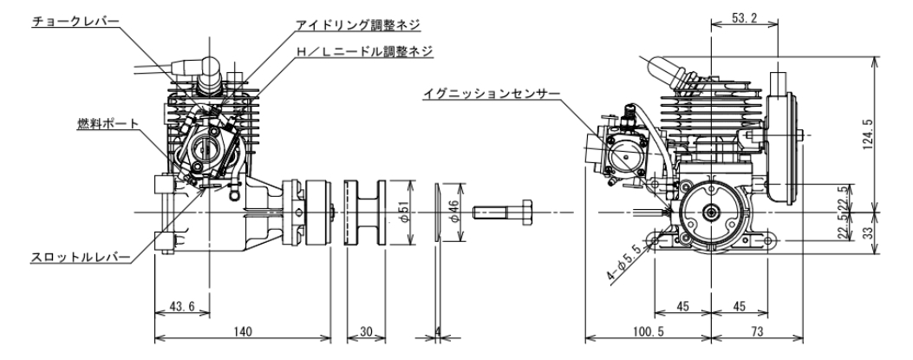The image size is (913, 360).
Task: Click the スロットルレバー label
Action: [x=80, y=258]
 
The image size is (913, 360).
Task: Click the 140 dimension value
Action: [x=243, y=332]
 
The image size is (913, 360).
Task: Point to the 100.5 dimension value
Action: [x=648, y=332]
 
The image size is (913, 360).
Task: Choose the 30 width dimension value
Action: [x=364, y=332]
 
